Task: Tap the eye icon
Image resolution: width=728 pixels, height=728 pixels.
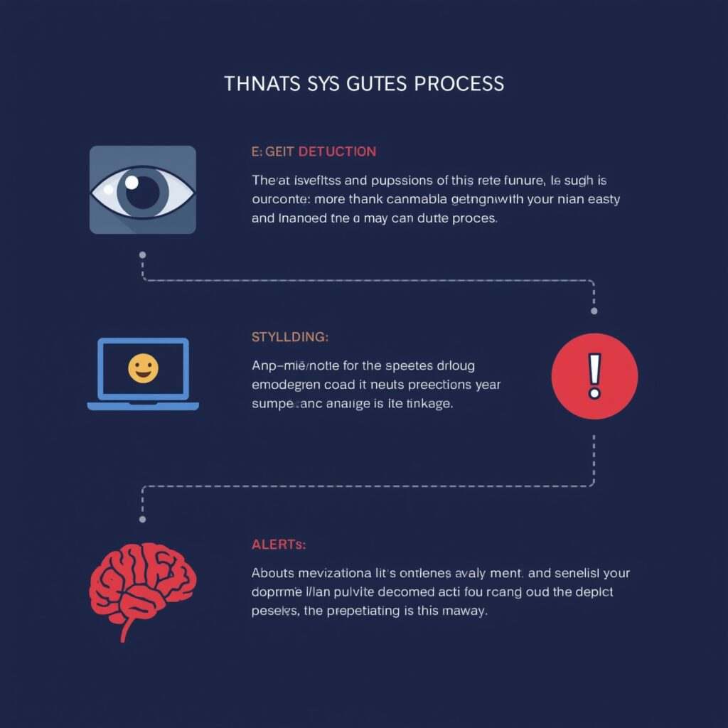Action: [x=143, y=190]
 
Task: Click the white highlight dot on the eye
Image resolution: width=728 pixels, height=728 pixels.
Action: [x=132, y=182]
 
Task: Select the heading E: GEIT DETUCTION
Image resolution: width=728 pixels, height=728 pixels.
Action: [x=314, y=151]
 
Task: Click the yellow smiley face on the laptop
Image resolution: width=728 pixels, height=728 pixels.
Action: [x=143, y=368]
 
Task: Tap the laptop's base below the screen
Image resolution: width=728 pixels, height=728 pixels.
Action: [x=143, y=406]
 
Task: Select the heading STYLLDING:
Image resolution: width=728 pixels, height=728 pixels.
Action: [x=290, y=336]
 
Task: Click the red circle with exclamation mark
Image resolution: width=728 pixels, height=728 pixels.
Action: [x=595, y=375]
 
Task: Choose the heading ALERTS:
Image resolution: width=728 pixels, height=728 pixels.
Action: [x=279, y=545]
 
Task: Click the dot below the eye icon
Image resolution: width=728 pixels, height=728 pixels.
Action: [x=143, y=254]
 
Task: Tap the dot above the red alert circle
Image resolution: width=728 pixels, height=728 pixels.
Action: [x=594, y=311]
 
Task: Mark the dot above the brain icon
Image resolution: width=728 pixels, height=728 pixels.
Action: [x=143, y=520]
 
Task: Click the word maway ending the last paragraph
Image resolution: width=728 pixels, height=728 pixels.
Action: [x=466, y=611]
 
